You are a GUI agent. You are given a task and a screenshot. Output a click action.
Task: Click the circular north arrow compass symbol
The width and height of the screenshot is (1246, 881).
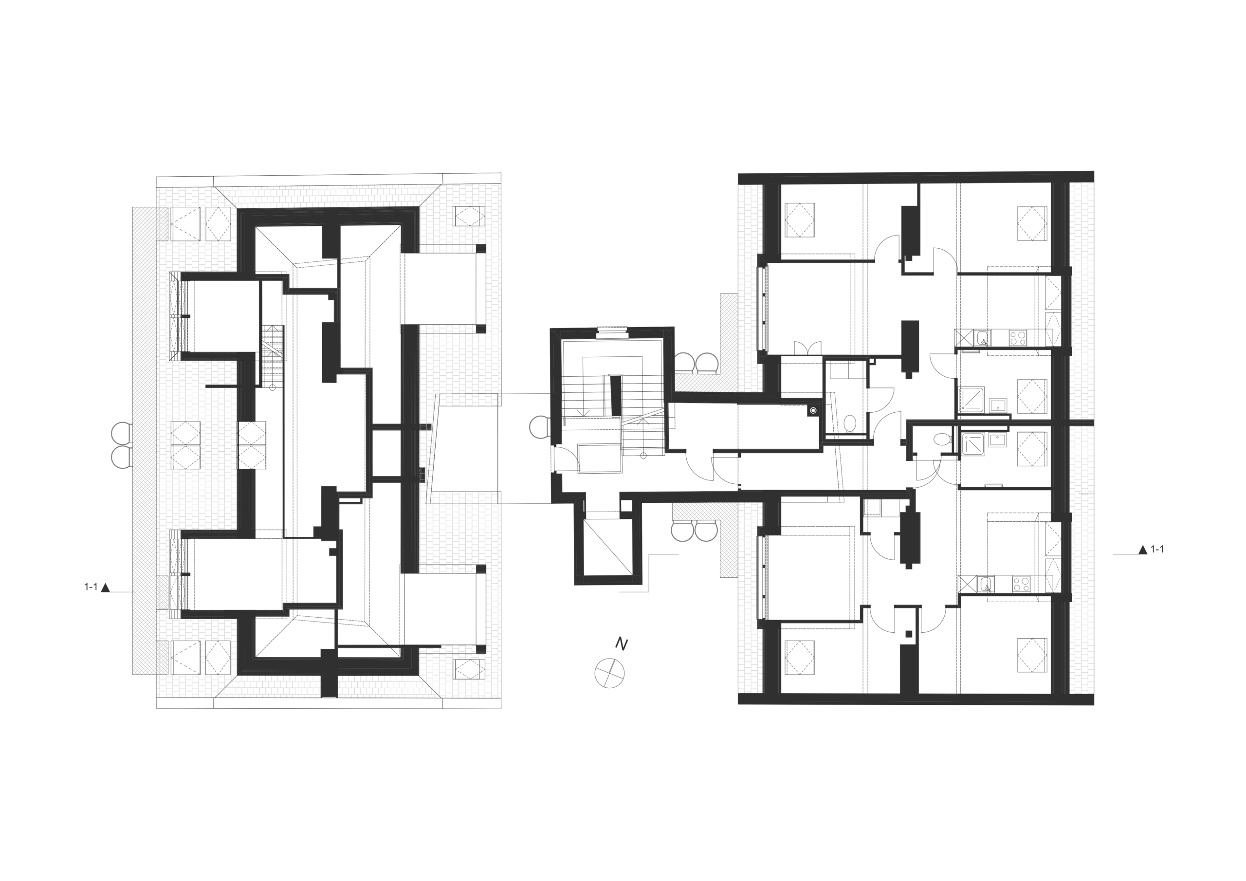(609, 673)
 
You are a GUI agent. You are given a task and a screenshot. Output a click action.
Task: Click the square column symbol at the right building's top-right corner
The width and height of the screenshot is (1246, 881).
(1031, 221)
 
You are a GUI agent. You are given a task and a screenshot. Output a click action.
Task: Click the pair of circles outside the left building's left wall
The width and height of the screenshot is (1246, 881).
(121, 444)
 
